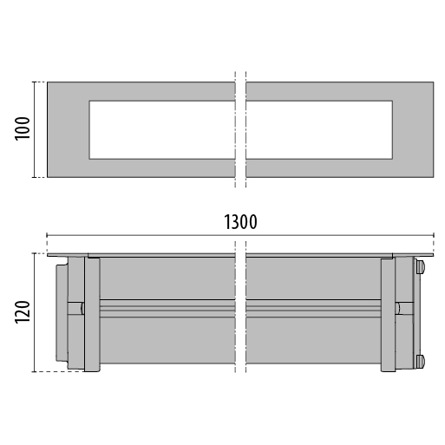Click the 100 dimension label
click(x=23, y=128)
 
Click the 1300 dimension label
click(x=240, y=222)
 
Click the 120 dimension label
click(x=23, y=312)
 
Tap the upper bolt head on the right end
click(x=420, y=266)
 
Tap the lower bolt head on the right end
click(x=420, y=362)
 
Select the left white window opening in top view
click(x=162, y=130)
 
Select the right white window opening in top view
click(x=319, y=130)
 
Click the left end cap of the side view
click(x=62, y=313)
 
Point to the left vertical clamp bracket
click(x=92, y=315)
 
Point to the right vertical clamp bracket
click(x=388, y=315)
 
